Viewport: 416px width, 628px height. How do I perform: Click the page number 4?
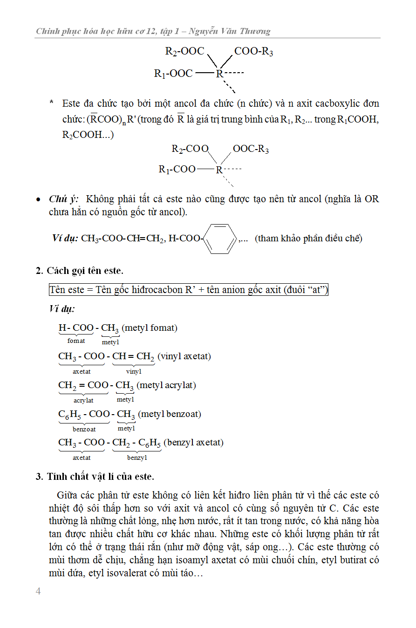tap(38, 591)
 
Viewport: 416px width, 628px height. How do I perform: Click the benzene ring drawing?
tap(220, 239)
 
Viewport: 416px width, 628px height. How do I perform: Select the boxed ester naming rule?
tap(189, 290)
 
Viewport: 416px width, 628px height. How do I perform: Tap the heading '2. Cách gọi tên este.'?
tap(80, 271)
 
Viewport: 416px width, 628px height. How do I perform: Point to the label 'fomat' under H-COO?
tap(76, 341)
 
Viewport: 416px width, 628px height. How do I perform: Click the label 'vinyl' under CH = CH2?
tap(134, 371)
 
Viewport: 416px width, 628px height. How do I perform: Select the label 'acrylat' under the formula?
tap(83, 400)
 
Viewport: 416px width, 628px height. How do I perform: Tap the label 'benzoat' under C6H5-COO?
tap(84, 429)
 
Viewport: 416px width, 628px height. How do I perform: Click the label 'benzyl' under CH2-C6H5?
tap(137, 457)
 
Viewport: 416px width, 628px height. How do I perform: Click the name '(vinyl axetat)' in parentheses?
tap(184, 356)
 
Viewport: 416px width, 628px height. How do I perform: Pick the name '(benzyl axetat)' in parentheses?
tap(193, 442)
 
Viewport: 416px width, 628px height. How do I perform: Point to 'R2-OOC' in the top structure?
tap(184, 51)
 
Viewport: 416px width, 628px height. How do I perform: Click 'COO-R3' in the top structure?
tap(253, 51)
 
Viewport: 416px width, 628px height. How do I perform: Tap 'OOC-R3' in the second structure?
tap(251, 149)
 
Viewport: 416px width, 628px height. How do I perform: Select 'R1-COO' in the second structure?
tap(177, 169)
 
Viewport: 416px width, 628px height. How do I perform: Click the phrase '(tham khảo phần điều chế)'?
tap(308, 239)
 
